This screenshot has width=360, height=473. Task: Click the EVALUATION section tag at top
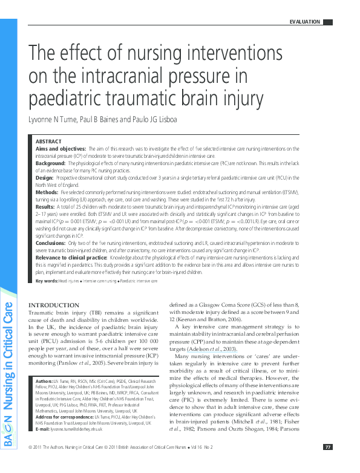(306, 22)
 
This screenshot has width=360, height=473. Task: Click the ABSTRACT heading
(49, 140)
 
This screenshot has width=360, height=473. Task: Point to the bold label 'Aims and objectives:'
(60, 148)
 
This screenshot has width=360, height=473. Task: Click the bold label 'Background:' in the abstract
(50, 163)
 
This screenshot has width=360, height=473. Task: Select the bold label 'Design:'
(45, 178)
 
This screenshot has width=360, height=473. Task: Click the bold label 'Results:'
(45, 207)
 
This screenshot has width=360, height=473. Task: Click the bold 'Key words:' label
(47, 281)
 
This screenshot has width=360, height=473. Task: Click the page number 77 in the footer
(327, 464)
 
